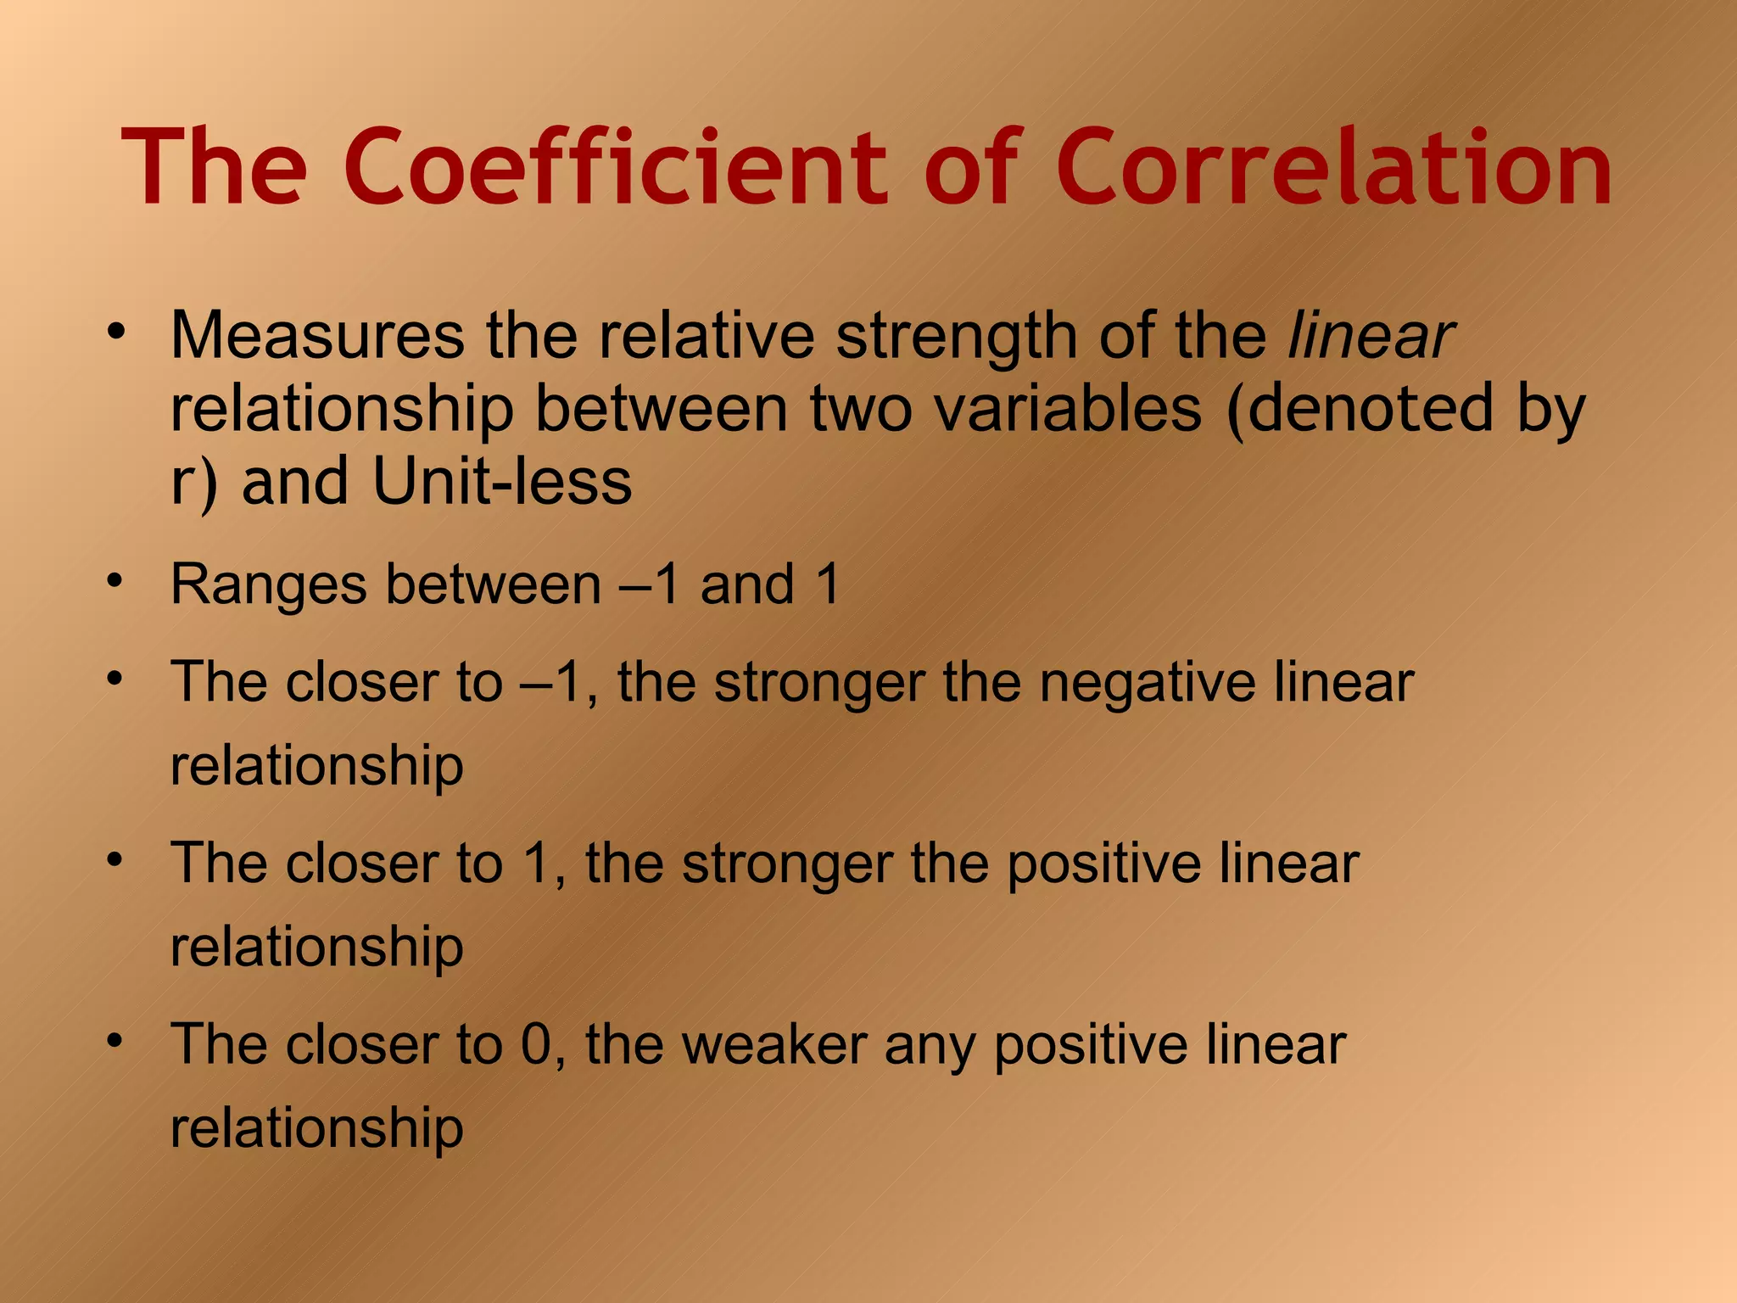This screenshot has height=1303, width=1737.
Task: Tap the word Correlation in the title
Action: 1334,167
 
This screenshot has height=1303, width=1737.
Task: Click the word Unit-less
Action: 502,482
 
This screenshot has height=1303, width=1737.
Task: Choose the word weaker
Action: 774,1045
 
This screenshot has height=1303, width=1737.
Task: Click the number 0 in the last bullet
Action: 537,1045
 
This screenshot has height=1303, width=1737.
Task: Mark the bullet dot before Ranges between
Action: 116,583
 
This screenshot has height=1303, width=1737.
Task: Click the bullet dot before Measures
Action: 116,331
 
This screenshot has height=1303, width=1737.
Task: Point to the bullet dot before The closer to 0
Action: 116,1041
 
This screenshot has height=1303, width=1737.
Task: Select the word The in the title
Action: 215,167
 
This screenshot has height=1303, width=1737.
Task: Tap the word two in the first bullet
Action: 863,409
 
